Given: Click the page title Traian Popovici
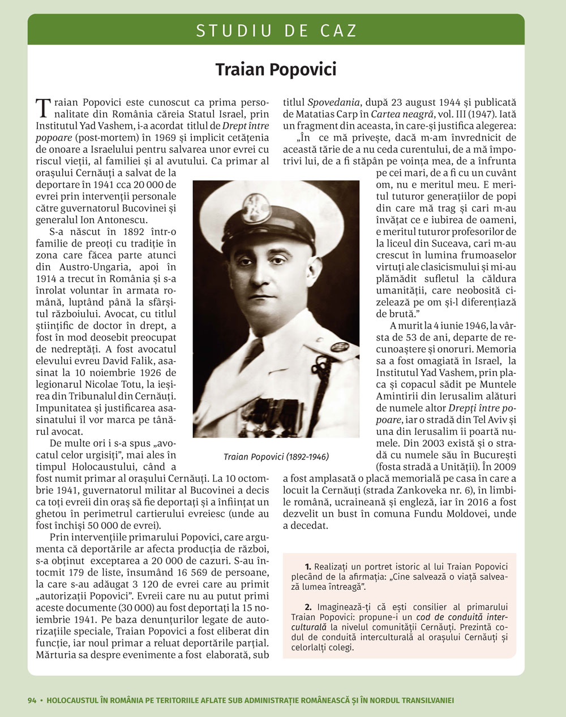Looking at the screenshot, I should (x=276, y=70).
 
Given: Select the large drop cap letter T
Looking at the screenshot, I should (x=43, y=107).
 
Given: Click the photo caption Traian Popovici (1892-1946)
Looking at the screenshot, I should (x=276, y=456).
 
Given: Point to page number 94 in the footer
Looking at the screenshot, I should (x=32, y=700).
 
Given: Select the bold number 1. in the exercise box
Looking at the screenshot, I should (x=308, y=566).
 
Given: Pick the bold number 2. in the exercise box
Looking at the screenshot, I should (x=308, y=607).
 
